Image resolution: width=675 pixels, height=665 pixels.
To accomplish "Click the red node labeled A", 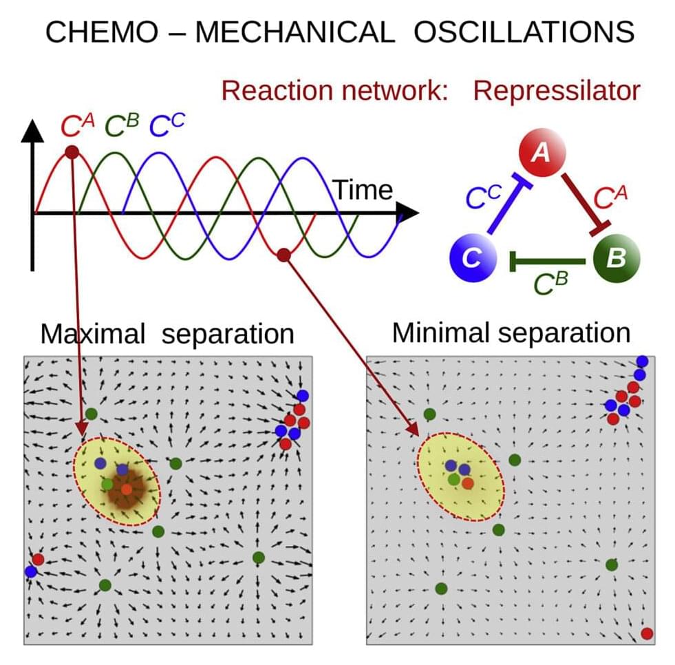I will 542,151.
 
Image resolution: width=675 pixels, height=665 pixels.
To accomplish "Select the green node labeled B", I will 616,259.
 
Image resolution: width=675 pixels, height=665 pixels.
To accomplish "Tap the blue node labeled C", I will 471,259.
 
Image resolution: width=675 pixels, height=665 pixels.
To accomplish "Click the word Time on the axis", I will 363,190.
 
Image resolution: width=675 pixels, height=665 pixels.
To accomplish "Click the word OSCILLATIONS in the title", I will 523,32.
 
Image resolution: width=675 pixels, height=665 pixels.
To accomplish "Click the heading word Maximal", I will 93,335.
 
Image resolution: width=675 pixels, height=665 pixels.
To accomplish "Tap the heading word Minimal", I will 440,333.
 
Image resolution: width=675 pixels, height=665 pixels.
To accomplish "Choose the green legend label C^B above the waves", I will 122,127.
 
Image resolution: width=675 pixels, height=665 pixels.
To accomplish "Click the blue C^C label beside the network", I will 483,197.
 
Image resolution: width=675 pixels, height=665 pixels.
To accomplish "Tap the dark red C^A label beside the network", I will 609,198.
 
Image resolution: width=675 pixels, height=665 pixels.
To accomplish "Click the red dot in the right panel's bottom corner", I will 646,633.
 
